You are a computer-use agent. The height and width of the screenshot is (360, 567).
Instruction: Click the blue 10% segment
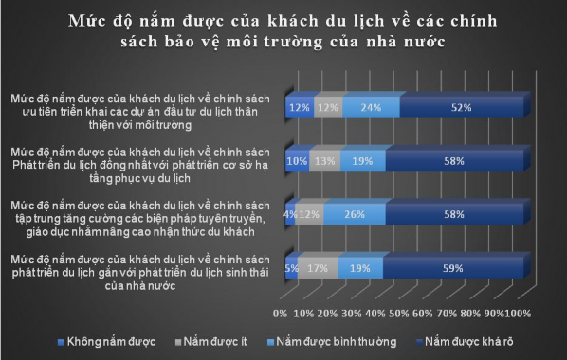click(297, 161)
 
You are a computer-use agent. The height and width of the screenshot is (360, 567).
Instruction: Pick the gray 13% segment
click(324, 161)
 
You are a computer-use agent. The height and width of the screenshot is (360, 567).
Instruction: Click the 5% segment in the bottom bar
click(291, 267)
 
